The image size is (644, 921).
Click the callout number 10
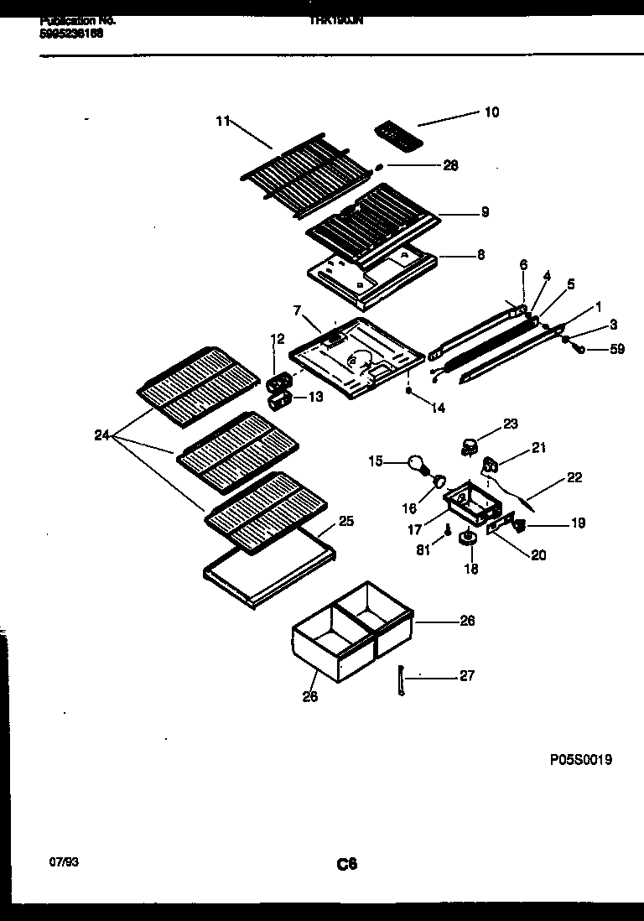(x=491, y=112)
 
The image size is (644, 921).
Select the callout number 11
(x=222, y=121)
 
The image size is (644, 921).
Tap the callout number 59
(x=617, y=349)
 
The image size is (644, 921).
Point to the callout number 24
(x=101, y=435)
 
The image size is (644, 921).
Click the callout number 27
(x=467, y=676)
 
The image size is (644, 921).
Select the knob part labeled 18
(x=469, y=540)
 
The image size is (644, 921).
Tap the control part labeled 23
(x=470, y=445)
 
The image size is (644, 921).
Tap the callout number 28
(x=450, y=165)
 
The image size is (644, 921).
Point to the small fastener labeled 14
(x=408, y=390)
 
